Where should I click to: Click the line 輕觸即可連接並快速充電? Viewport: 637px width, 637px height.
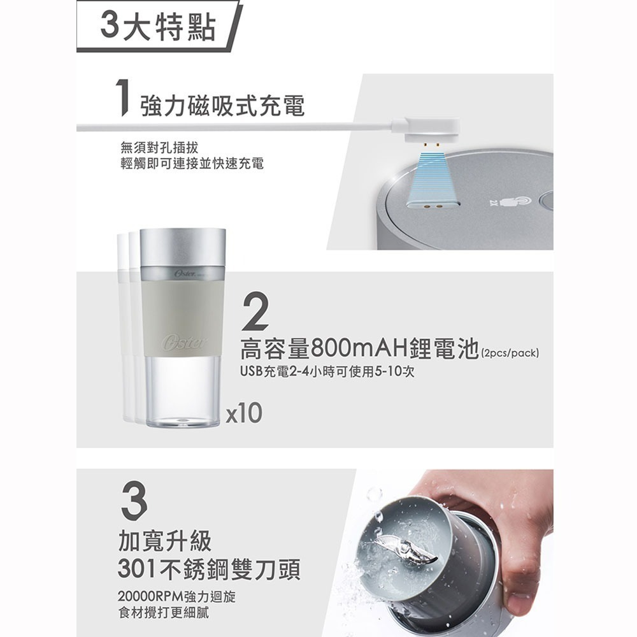tap(192, 164)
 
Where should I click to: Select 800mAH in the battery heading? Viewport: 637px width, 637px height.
tap(355, 350)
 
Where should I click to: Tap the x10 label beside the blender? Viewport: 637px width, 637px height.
tap(245, 413)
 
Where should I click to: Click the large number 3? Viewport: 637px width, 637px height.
tap(133, 499)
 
